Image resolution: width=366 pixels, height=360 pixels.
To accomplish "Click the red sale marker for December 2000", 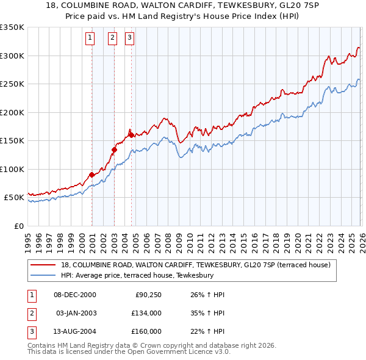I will (x=91, y=175).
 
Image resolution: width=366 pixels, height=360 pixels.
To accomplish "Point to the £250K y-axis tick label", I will (x=12, y=84).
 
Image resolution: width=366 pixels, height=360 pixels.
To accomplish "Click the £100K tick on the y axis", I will (x=12, y=169).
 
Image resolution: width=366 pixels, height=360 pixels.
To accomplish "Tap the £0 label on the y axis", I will (x=18, y=226).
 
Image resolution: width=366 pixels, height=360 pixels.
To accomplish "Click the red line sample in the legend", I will (x=44, y=265).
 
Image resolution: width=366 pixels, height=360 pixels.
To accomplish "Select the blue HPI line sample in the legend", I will (x=44, y=275).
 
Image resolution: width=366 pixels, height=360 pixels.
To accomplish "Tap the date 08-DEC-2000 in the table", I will (x=74, y=295).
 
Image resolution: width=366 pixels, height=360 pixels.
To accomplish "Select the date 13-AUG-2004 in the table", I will (x=75, y=331).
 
